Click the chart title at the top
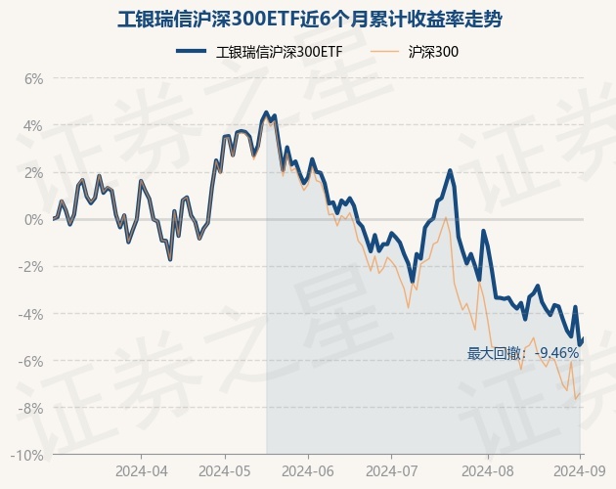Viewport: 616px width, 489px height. [x=308, y=19]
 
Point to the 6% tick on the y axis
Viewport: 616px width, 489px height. [x=33, y=79]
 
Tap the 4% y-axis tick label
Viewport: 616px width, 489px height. [x=33, y=126]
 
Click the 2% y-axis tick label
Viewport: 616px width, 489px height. [x=33, y=173]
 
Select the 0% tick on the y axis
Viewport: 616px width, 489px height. [x=33, y=220]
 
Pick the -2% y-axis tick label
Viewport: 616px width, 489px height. [x=31, y=267]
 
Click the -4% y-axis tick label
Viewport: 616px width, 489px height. [x=31, y=314]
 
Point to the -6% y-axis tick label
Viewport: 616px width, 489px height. [x=31, y=361]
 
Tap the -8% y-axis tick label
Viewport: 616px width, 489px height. [x=31, y=408]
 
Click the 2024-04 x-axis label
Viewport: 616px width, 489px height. [x=141, y=469]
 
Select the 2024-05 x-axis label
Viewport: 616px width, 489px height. [x=225, y=469]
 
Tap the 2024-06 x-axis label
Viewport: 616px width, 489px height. [x=308, y=469]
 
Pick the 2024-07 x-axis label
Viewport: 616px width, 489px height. [x=391, y=469]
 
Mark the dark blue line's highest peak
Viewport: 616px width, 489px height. [x=266, y=112]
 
